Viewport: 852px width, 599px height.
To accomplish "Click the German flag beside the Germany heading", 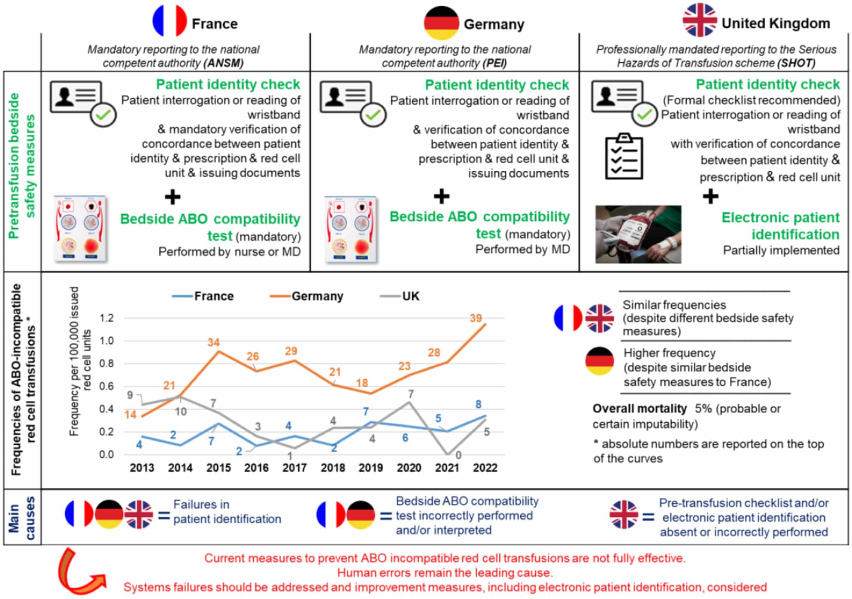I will (441, 23).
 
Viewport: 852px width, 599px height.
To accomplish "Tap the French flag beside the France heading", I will (170, 21).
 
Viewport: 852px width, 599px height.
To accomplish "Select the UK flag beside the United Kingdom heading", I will (699, 20).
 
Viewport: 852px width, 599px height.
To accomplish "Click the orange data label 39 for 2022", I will (476, 318).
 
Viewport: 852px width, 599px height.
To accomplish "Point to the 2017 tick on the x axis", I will (294, 468).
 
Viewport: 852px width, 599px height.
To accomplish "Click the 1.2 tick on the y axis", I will (106, 318).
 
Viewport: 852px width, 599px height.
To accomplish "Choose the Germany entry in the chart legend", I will (306, 296).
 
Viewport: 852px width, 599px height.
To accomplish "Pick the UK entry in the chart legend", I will (400, 296).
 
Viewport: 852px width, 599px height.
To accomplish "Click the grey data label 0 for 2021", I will (458, 455).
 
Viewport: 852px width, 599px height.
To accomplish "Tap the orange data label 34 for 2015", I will (213, 342).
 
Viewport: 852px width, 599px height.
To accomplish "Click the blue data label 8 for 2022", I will (479, 404).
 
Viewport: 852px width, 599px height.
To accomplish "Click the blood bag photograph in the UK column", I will (638, 234).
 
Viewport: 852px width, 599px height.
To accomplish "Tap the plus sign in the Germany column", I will (441, 197).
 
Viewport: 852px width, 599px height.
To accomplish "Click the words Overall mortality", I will (640, 408).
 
